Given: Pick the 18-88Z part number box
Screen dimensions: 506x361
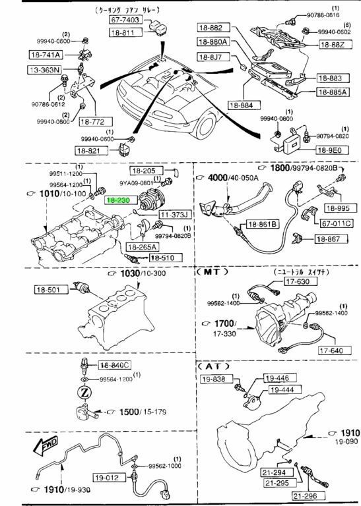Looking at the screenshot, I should [333, 45].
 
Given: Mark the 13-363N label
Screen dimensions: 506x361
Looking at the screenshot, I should [43, 69].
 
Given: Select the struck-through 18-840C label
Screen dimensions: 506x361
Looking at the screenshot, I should [115, 365].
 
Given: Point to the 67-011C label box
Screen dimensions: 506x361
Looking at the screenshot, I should [335, 223].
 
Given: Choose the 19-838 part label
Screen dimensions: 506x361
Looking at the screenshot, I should [215, 379].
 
